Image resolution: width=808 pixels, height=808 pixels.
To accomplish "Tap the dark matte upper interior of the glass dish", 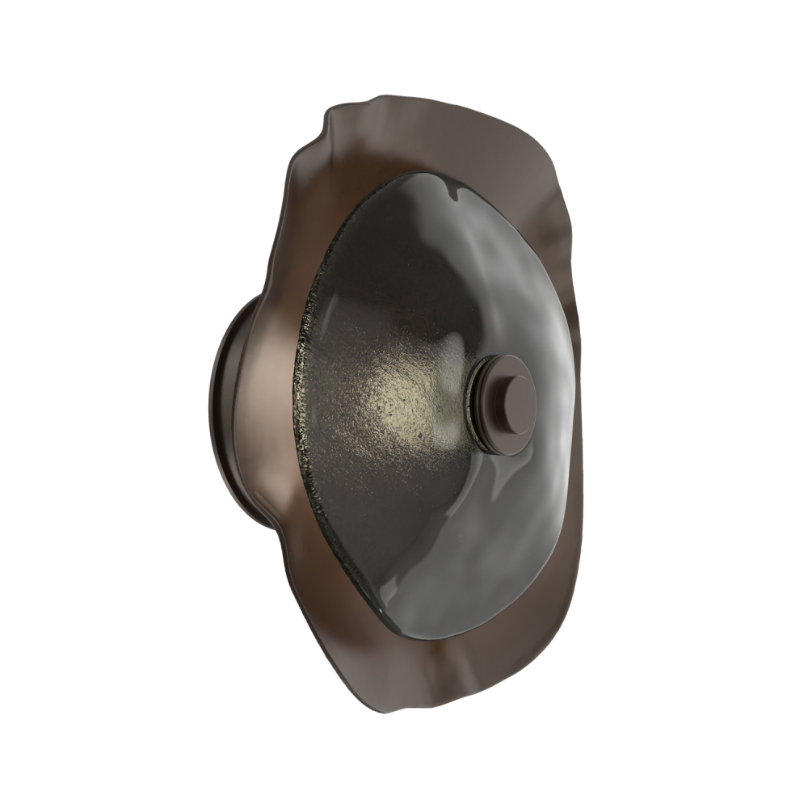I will [x=388, y=259].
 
